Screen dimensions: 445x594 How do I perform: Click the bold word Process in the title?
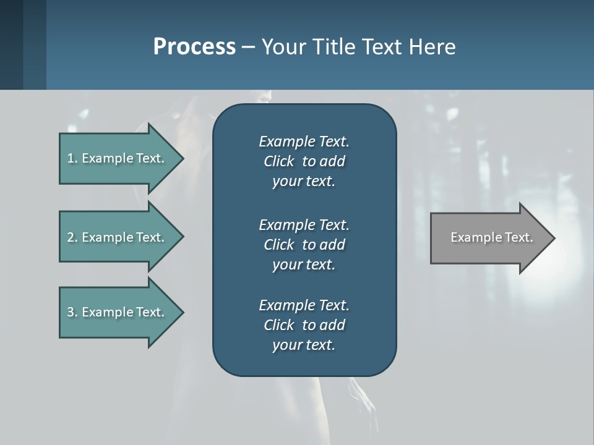coord(194,47)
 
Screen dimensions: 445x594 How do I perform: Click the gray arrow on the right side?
coord(489,238)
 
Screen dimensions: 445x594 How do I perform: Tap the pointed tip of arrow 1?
coord(181,158)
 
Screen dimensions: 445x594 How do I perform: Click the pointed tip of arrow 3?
coord(181,312)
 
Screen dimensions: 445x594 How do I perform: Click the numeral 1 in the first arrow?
coord(70,158)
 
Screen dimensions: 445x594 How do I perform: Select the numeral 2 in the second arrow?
coord(70,237)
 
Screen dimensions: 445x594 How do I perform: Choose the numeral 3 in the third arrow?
coord(70,312)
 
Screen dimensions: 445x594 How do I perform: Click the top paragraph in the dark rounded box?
coord(304,161)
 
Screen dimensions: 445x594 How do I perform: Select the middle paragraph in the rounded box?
coord(304,245)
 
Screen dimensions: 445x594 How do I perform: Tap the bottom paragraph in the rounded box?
coord(304,325)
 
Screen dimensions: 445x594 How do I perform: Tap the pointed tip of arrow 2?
coord(181,237)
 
